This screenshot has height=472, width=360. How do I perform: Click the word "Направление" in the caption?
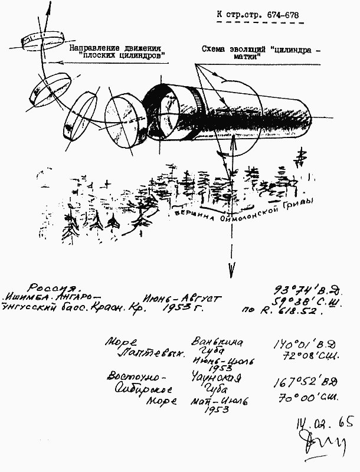click(x=94, y=47)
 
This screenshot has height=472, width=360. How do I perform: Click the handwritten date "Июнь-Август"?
click(x=182, y=299)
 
